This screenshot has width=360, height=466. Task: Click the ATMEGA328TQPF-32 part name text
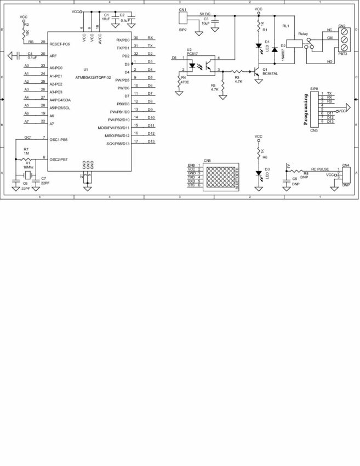(x=93, y=78)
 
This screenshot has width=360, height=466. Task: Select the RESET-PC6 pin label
(x=60, y=43)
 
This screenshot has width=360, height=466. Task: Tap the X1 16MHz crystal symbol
(x=27, y=175)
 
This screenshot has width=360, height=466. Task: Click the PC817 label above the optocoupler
(x=192, y=54)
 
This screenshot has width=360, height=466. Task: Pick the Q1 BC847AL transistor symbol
(x=256, y=71)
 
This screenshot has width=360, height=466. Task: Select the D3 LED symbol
(x=259, y=173)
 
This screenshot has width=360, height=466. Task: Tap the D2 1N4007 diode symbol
(x=274, y=50)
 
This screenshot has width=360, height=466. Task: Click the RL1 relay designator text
(x=285, y=26)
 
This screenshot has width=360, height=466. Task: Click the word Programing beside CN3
(x=306, y=110)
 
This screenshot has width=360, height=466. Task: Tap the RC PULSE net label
(x=319, y=169)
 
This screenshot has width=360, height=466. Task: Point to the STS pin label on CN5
(x=191, y=185)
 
